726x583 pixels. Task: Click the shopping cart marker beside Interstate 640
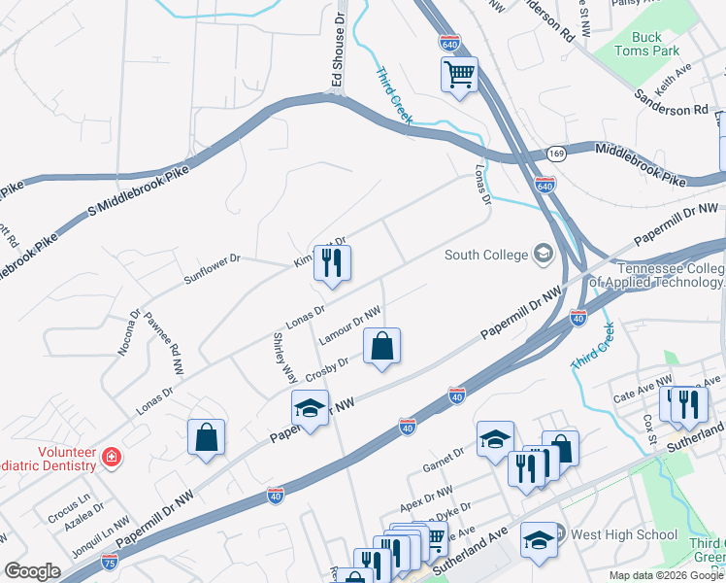[x=459, y=74]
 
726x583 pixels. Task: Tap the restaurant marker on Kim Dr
[x=332, y=262]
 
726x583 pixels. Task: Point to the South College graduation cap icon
[x=543, y=255]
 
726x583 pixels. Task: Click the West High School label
[x=637, y=534]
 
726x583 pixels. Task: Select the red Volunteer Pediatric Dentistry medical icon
[x=113, y=456]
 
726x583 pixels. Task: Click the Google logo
[x=32, y=571]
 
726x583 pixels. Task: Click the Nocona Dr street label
[x=129, y=332]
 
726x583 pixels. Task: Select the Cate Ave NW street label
[x=642, y=390]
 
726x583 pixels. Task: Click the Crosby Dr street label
[x=327, y=370]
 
